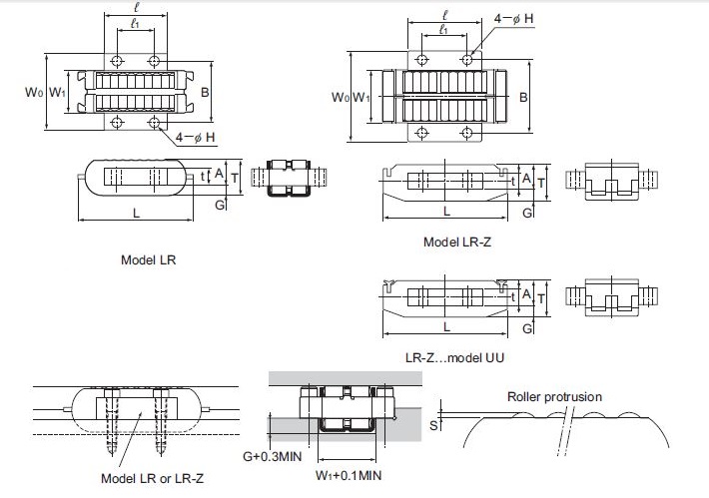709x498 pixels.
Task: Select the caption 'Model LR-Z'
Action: [456, 243]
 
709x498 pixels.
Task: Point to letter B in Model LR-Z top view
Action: [523, 97]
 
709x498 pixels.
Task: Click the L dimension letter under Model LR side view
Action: [136, 212]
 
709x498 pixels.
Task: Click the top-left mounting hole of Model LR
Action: [119, 62]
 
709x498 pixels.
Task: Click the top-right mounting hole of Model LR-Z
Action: [467, 61]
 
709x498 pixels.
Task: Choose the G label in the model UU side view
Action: [525, 326]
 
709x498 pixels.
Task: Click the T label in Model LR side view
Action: [234, 178]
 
